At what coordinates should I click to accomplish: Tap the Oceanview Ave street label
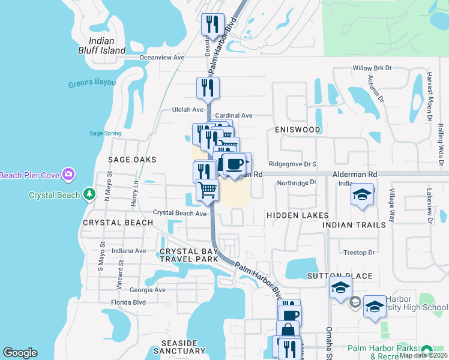161,58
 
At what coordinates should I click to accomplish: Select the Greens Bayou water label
92,83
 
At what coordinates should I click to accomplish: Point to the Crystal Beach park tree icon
89,194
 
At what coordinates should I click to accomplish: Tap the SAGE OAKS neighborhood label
132,160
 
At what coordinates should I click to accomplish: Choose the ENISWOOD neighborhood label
298,130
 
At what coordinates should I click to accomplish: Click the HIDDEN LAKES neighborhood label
298,215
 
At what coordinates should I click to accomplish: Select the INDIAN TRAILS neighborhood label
354,225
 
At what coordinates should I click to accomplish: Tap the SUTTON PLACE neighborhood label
340,277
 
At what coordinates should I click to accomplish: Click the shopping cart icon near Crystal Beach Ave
207,190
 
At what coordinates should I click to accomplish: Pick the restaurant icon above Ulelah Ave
208,88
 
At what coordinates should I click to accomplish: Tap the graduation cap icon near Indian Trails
362,196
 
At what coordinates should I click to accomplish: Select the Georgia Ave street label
147,290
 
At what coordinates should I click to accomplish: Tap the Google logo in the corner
20,353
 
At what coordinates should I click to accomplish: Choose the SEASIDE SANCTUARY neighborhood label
176,347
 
